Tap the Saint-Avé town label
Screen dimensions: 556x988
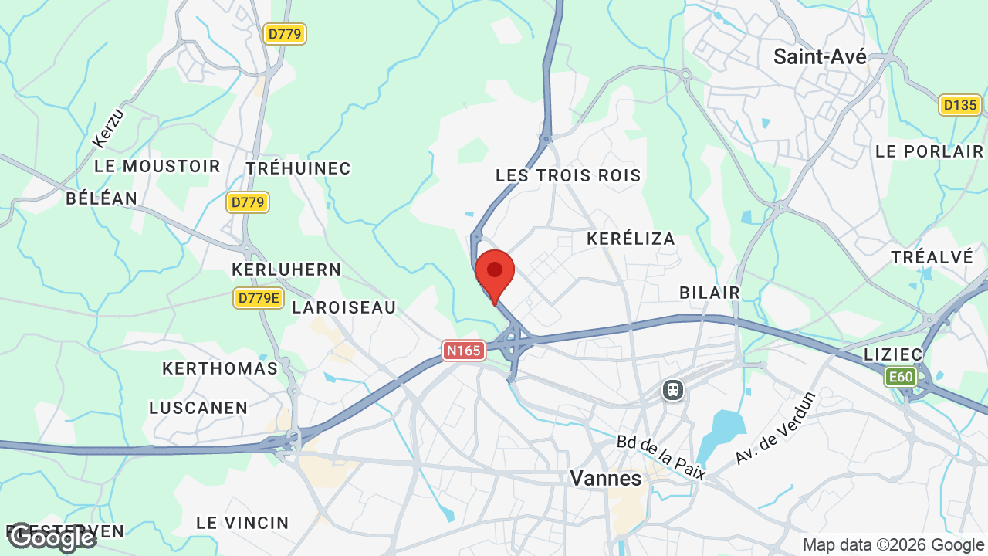(x=820, y=56)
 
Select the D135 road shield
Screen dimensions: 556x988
(x=959, y=105)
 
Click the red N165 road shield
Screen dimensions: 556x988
(x=463, y=351)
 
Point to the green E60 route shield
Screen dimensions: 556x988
(x=900, y=377)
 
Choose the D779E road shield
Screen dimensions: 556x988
(x=259, y=298)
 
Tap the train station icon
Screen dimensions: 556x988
(x=673, y=390)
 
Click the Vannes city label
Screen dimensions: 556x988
(x=605, y=479)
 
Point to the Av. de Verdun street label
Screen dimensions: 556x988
(x=775, y=429)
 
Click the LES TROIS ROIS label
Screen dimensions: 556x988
(x=568, y=175)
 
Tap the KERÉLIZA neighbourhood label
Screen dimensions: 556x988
(x=631, y=239)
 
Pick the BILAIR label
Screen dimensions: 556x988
(x=709, y=293)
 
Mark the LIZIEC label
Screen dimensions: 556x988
(x=894, y=354)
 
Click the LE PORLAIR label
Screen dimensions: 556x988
(x=929, y=151)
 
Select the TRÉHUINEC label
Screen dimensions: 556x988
(x=298, y=168)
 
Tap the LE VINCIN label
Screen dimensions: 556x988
(x=242, y=523)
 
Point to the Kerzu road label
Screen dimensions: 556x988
(x=107, y=128)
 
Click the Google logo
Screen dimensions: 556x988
(x=51, y=537)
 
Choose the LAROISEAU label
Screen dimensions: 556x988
(x=343, y=307)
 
